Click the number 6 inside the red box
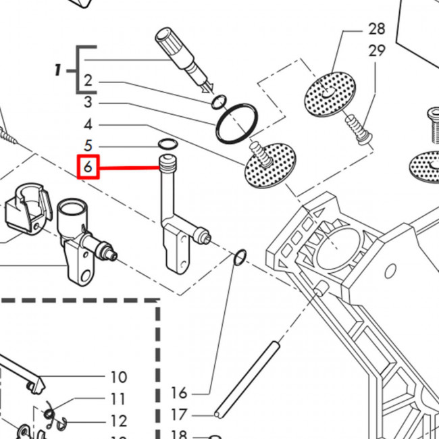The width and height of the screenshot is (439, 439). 88,167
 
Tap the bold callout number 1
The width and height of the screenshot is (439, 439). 57,70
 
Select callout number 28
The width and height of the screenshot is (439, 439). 377,29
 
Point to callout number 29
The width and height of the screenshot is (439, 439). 377,51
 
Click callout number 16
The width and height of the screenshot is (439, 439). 179,392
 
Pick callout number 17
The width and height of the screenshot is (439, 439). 179,415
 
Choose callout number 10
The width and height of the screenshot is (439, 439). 119,377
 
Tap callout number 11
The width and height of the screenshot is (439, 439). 118,398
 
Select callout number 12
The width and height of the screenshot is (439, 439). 119,421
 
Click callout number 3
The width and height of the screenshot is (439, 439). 88,102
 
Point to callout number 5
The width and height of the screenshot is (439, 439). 88,146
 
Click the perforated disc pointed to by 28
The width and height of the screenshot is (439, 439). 330,93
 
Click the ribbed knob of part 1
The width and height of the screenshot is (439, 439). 170,41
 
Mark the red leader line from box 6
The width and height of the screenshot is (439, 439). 130,168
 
